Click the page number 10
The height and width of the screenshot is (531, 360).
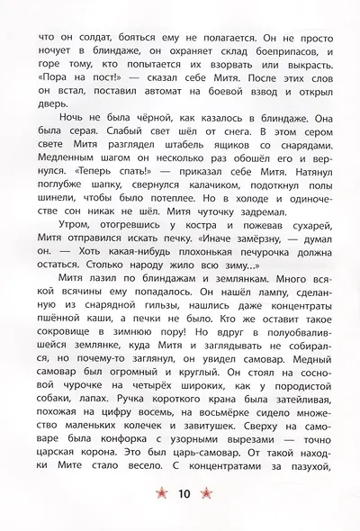point(184,492)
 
